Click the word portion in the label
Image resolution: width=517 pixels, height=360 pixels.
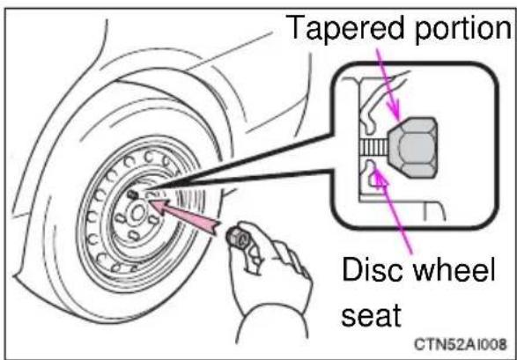point(463,29)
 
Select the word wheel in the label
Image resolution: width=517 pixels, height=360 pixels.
point(454,269)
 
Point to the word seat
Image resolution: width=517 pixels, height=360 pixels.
point(371,314)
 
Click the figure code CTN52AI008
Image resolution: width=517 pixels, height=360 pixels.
point(461,344)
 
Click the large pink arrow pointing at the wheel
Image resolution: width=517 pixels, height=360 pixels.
point(184,216)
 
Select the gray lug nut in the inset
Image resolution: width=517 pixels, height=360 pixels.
point(413,148)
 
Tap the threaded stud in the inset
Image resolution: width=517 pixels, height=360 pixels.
point(374,148)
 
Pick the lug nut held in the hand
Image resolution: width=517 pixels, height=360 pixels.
point(238,239)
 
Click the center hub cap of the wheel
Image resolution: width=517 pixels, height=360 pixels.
point(137,213)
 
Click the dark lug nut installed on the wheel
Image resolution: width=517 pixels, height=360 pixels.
point(132,195)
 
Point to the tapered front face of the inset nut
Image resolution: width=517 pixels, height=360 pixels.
point(394,148)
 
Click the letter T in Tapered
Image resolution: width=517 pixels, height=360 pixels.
point(296,27)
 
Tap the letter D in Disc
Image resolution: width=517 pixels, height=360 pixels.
point(352,269)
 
